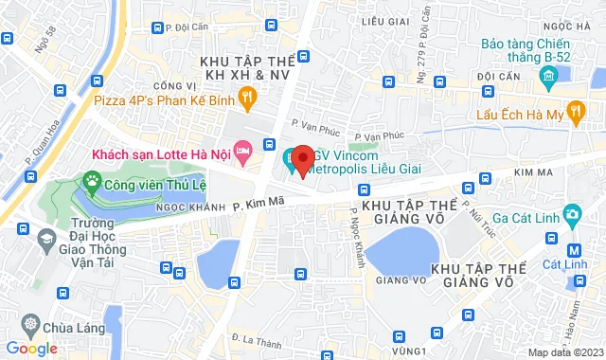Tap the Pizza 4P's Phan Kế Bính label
click(163, 96)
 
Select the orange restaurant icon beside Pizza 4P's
click(246, 96)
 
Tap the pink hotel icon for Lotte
click(243, 150)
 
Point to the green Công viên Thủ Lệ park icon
click(93, 179)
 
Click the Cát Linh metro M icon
click(573, 251)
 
